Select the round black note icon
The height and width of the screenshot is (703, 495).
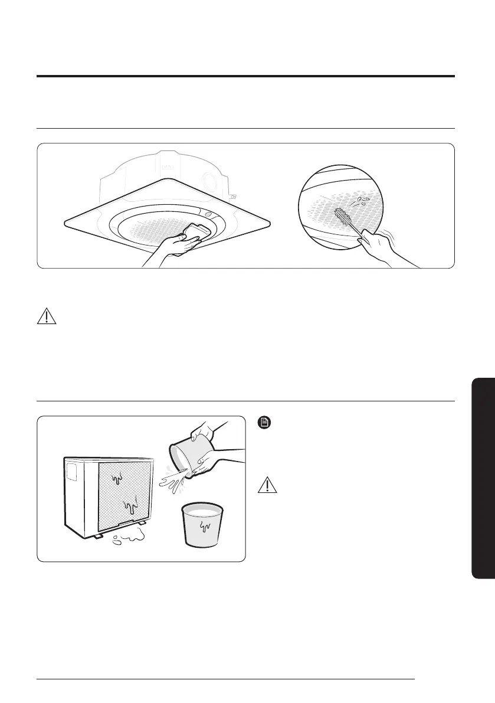pyautogui.click(x=264, y=423)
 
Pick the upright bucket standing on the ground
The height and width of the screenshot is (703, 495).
pyautogui.click(x=202, y=523)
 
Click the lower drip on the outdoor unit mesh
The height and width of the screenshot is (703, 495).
pyautogui.click(x=130, y=505)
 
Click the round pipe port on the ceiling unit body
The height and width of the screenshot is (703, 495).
pyautogui.click(x=208, y=179)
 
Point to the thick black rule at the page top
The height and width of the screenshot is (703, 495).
pyautogui.click(x=245, y=76)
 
